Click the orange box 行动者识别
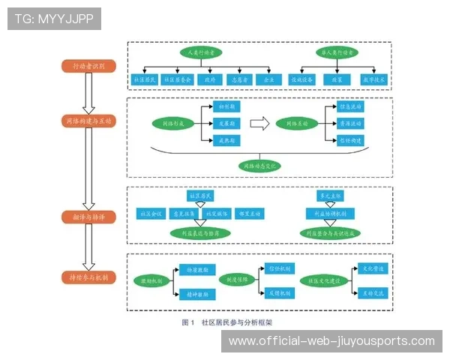[x=88, y=66]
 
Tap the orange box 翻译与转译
[x=88, y=217]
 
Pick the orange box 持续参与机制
[x=88, y=277]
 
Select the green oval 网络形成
[x=172, y=122]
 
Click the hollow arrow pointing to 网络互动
[x=259, y=122]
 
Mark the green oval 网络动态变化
[x=258, y=164]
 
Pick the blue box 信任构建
[x=350, y=139]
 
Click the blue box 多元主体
[x=330, y=196]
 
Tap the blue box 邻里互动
[x=249, y=214]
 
